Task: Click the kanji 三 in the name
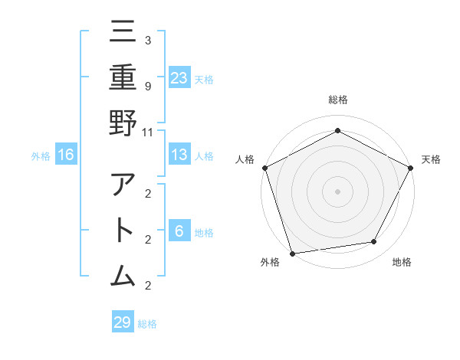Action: pos(123,31)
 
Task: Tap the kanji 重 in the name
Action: pos(123,76)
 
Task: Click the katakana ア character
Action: pos(123,186)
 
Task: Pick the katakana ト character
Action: pos(123,231)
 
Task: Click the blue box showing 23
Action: pos(179,77)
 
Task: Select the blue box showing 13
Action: pos(179,155)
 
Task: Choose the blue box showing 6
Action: pos(179,231)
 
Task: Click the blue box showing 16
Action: pos(66,155)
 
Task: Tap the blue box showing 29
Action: pos(123,322)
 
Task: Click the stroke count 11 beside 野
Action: pos(148,132)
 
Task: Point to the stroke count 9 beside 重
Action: pos(148,85)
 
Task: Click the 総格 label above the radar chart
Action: pos(337,100)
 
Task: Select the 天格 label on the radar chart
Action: pos(431,159)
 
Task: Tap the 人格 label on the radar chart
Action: pos(245,159)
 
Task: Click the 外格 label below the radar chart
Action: pos(270,263)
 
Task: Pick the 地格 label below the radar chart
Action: pos(402,263)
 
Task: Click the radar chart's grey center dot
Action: pos(337,191)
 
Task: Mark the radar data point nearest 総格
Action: pos(337,130)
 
